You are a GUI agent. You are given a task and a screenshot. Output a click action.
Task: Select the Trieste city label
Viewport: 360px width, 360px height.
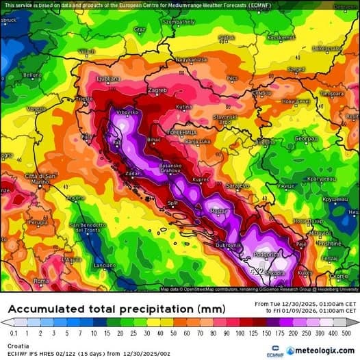point(83,99)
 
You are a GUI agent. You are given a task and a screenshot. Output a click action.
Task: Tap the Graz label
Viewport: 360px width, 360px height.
point(140,29)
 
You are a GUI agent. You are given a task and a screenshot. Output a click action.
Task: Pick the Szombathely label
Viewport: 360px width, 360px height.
point(179,21)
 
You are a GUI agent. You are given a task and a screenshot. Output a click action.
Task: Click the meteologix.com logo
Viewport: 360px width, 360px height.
point(320,350)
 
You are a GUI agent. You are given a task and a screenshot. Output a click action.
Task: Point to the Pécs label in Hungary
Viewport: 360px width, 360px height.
point(231,78)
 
